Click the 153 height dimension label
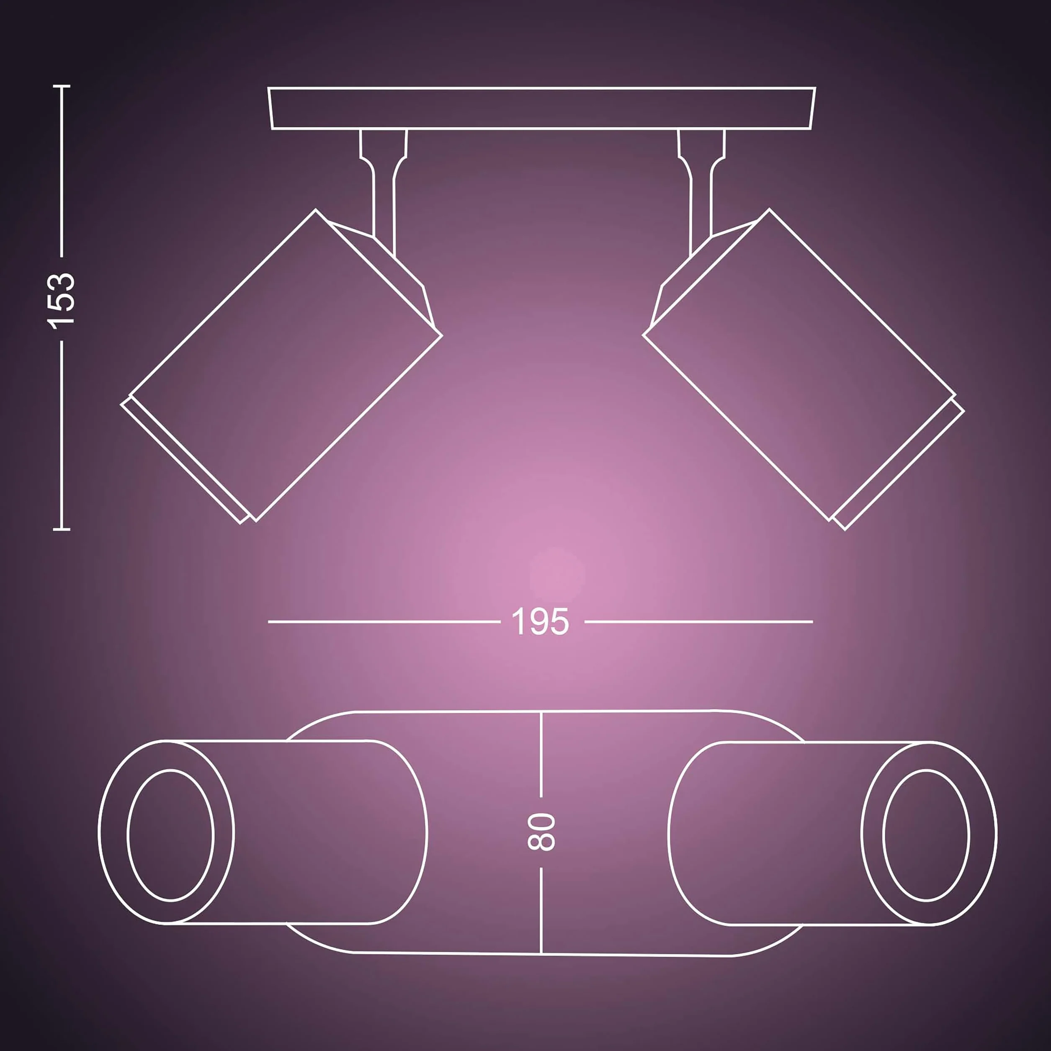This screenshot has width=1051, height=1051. pyautogui.click(x=61, y=300)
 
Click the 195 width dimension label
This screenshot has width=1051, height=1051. pyautogui.click(x=540, y=621)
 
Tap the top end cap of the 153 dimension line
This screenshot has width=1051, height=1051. pyautogui.click(x=62, y=86)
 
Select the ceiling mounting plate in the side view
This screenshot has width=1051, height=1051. pyautogui.click(x=542, y=108)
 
